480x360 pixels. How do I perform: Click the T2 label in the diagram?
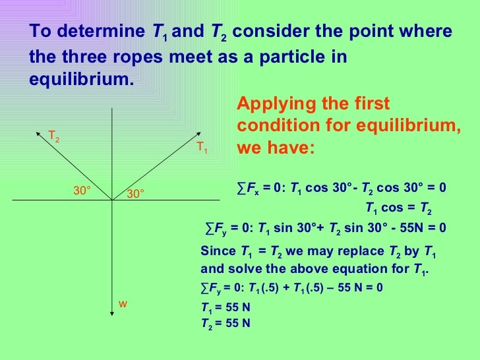click(53, 136)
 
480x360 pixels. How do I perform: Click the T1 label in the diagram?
click(202, 148)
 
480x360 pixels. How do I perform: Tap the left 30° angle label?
click(82, 191)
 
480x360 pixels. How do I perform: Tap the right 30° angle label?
click(135, 194)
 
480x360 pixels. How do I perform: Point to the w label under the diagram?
click(122, 303)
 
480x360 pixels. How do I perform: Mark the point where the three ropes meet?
click(113, 200)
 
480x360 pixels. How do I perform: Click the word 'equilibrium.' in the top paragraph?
click(81, 78)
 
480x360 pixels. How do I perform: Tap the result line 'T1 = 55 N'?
click(225, 308)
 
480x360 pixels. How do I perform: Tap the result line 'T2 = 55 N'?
click(225, 323)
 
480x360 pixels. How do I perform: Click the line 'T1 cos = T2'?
click(398, 210)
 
